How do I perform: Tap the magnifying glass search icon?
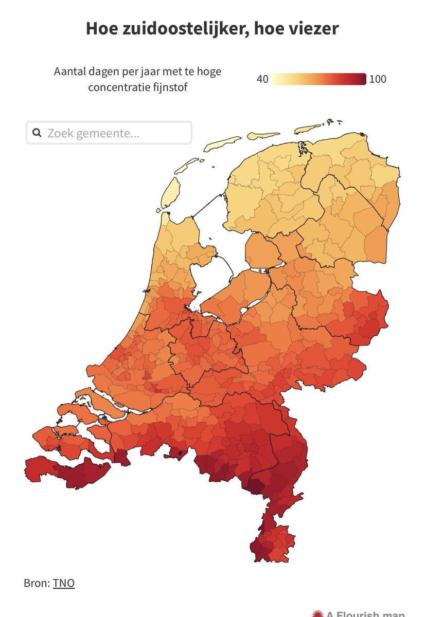[37, 133]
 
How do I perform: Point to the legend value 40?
[262, 79]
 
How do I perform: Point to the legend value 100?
[378, 79]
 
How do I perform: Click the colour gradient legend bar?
[319, 79]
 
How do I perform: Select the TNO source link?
[64, 583]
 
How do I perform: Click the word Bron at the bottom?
[36, 583]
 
